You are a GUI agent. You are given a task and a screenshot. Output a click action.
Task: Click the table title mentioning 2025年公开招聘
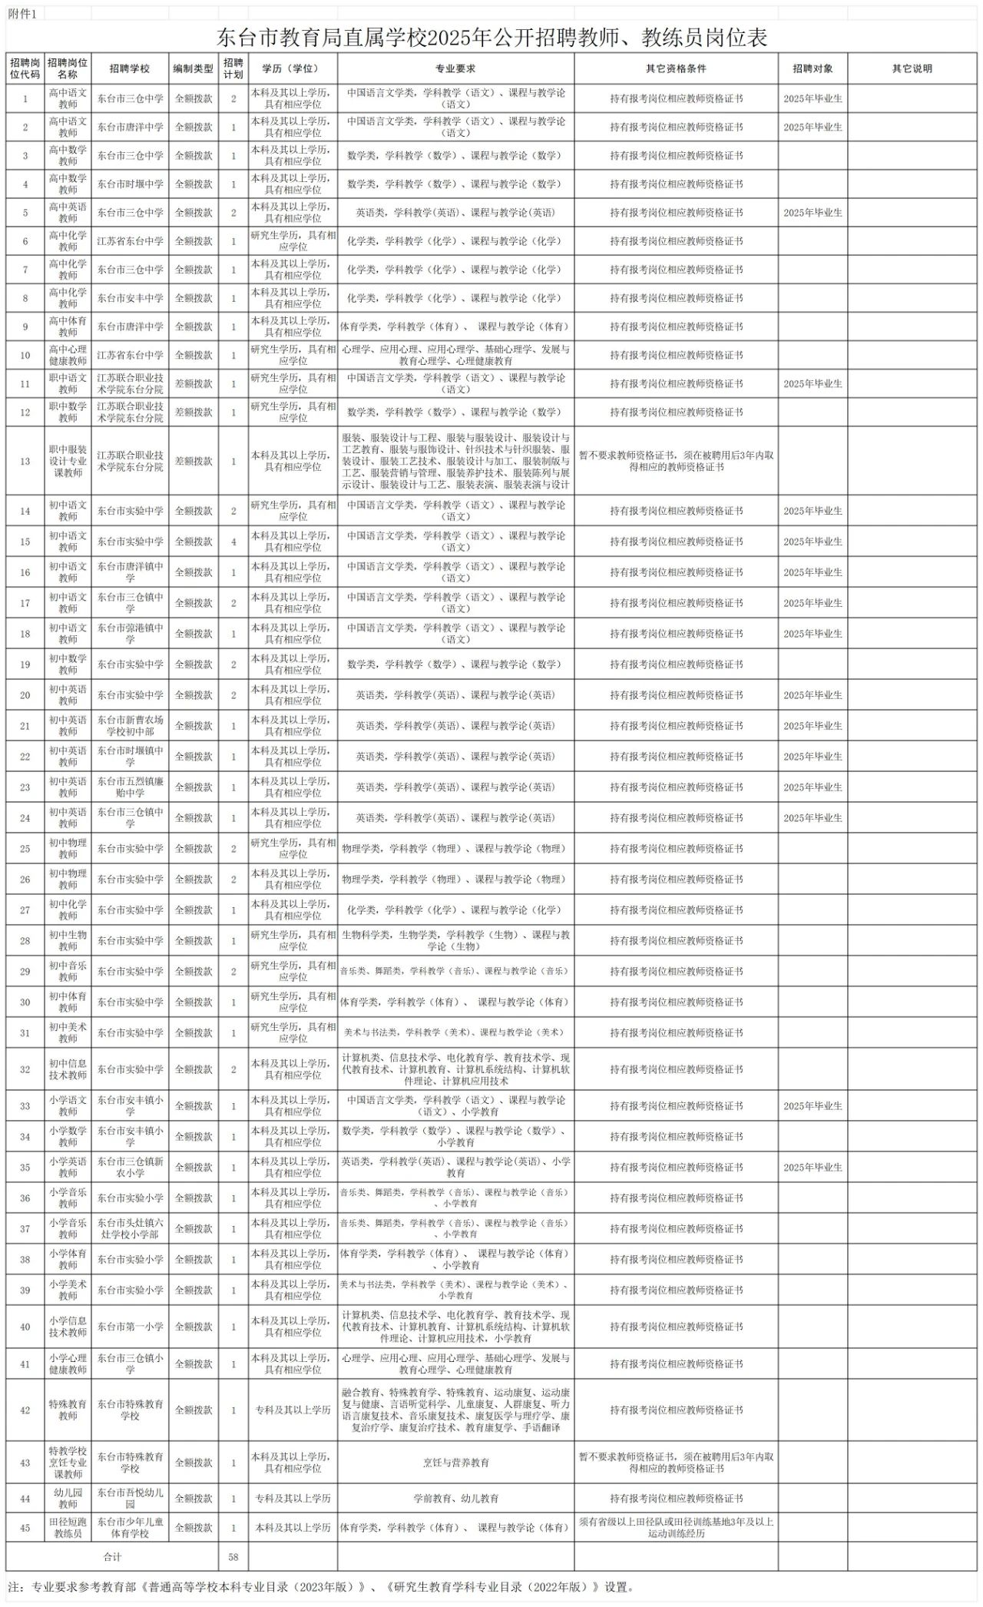491,38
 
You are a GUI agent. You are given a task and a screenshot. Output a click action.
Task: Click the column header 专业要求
455,68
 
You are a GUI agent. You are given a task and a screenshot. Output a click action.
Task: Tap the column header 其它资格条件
676,68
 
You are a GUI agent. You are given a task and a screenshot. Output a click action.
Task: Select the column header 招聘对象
813,68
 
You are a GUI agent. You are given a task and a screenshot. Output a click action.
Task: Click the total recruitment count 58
233,1557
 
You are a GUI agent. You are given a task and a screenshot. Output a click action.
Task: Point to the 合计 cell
112,1557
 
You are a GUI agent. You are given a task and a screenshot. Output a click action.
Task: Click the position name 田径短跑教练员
68,1528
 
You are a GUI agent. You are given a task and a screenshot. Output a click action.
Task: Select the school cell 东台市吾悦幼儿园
130,1499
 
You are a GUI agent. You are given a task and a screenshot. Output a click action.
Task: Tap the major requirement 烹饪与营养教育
455,1463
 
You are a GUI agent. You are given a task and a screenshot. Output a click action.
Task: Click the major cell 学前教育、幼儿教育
455,1499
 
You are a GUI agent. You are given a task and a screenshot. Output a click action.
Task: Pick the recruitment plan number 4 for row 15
233,542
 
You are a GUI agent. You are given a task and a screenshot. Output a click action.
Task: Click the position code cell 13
25,462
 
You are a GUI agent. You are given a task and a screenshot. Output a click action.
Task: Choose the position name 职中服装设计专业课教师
68,462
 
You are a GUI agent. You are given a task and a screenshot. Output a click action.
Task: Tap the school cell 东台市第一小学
130,1327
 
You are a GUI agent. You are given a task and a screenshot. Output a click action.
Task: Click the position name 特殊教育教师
68,1410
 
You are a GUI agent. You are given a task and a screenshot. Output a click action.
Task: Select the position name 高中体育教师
68,326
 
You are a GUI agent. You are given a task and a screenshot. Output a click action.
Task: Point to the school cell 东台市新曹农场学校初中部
130,726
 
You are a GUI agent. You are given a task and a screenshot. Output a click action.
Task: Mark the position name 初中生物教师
68,940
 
